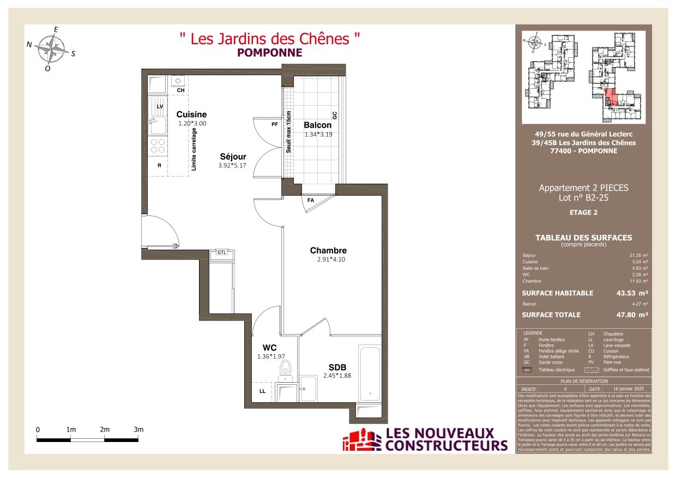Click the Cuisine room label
(191, 114)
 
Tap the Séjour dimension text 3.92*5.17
(232, 166)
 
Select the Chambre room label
(328, 251)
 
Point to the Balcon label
(317, 125)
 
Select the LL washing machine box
(263, 391)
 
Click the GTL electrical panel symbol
(222, 253)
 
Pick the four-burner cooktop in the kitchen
(158, 146)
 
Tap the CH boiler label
(180, 90)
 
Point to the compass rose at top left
(52, 49)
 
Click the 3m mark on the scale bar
(138, 430)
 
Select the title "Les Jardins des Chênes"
(270, 39)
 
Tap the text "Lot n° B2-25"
(583, 198)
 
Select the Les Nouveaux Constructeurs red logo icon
(361, 440)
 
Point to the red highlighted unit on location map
(611, 98)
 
